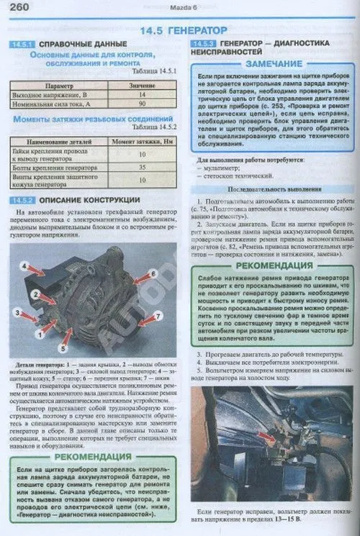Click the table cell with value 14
143,94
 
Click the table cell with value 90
143,104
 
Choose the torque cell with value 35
143,168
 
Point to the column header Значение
143,85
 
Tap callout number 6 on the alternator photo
153,274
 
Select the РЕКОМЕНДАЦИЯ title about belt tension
271,265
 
